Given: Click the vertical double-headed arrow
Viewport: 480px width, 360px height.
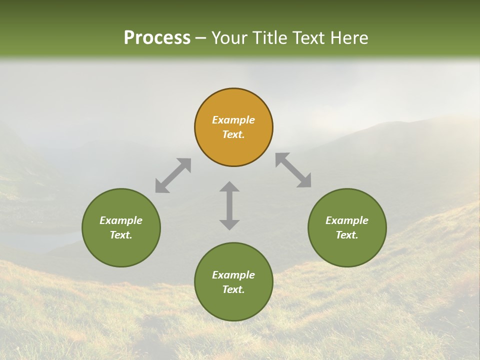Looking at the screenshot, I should pos(229,205).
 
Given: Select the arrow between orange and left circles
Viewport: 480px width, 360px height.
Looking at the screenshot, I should pos(173,175).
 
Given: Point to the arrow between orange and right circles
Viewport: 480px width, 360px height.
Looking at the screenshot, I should pos(293,170).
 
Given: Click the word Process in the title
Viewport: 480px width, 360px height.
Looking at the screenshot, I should pos(157,37).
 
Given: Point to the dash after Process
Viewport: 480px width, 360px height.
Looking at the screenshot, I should pos(200,38).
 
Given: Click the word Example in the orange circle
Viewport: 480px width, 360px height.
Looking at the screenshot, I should pos(233,120).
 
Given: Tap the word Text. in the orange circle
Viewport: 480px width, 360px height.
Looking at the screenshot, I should pos(233,134).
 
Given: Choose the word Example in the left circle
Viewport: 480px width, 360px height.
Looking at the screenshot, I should pos(121,220).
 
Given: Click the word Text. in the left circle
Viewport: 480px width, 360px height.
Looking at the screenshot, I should pos(121,235).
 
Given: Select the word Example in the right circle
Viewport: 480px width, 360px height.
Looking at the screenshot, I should pos(347,220).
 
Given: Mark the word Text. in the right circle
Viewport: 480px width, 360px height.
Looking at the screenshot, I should pos(347,235).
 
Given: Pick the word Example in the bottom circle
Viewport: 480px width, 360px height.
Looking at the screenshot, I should pos(233,275).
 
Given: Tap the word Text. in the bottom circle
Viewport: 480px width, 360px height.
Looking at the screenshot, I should pos(233,289).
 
